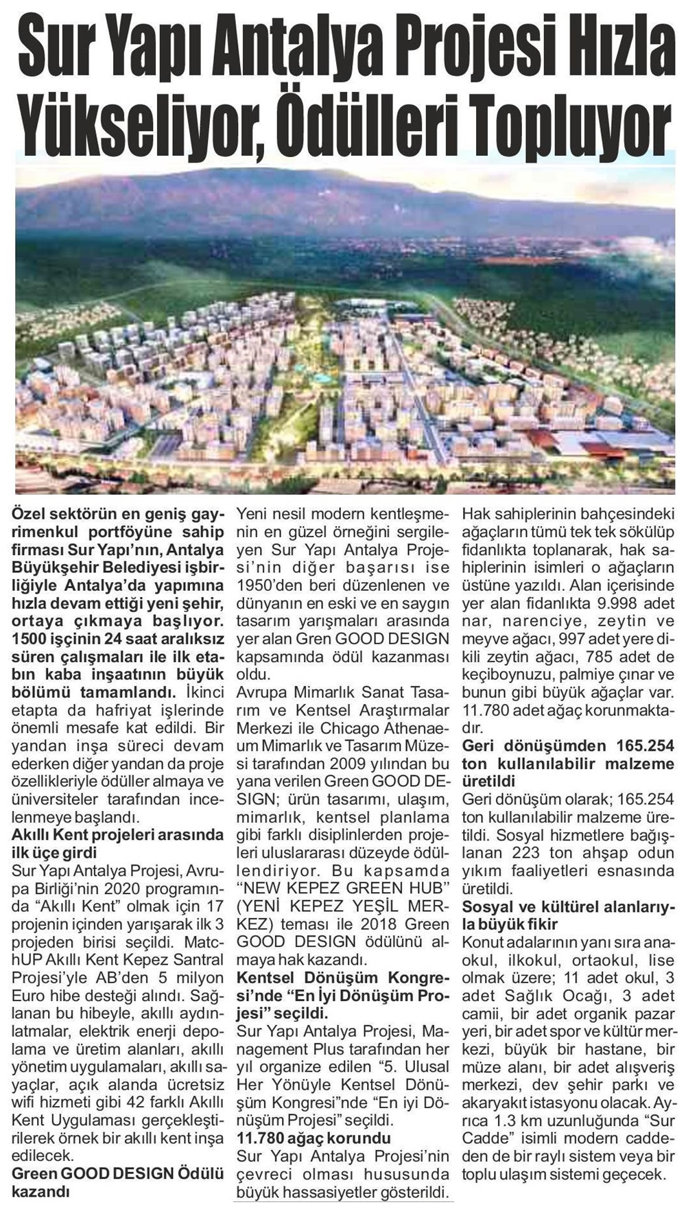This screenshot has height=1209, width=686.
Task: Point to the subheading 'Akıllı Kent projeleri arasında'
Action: pos(118,835)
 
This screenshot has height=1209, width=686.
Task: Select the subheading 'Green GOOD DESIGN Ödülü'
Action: pos(118,1174)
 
